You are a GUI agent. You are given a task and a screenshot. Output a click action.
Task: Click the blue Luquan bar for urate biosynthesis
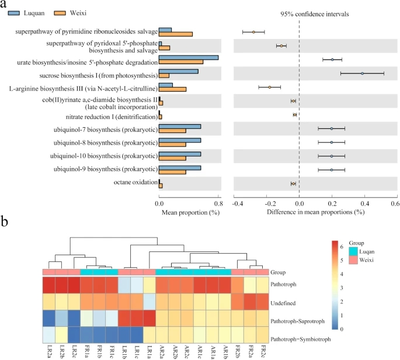point(189,57)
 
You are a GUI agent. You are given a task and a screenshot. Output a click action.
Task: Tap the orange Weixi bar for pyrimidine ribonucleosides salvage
point(176,34)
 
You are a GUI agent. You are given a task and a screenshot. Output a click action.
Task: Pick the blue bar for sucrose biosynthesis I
point(179,71)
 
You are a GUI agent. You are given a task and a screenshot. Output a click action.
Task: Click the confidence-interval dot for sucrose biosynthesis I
point(362,74)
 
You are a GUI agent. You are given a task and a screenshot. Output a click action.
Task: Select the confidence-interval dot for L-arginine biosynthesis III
point(270,87)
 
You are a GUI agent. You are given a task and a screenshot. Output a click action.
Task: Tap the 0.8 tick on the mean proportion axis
point(218,203)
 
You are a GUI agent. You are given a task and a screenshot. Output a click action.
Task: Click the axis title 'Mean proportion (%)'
point(189,212)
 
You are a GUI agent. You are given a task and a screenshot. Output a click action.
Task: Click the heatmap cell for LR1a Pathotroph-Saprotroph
point(149,320)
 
